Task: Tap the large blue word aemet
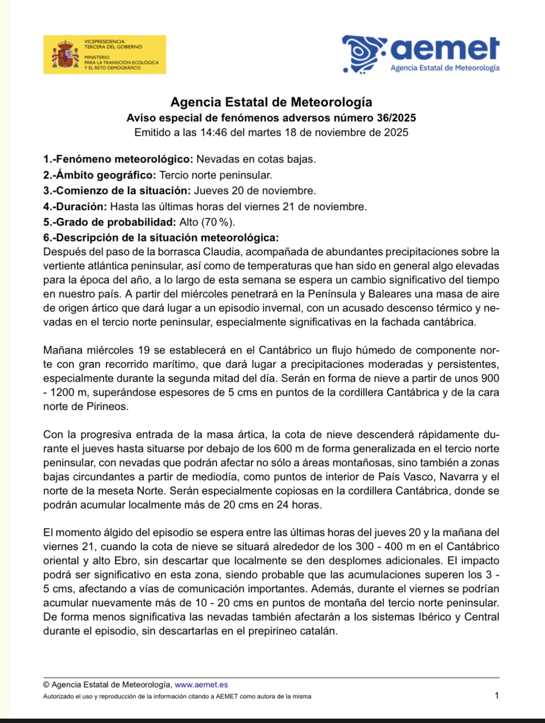coord(444,49)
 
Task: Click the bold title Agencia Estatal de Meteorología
coord(271,102)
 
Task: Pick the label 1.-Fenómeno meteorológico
coord(118,159)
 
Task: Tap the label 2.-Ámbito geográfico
coord(99,175)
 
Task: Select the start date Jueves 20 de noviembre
coord(255,191)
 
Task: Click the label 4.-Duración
coord(75,207)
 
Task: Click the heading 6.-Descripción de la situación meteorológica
coord(161,238)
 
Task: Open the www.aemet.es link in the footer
coord(201,685)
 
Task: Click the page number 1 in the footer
coord(497,695)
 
